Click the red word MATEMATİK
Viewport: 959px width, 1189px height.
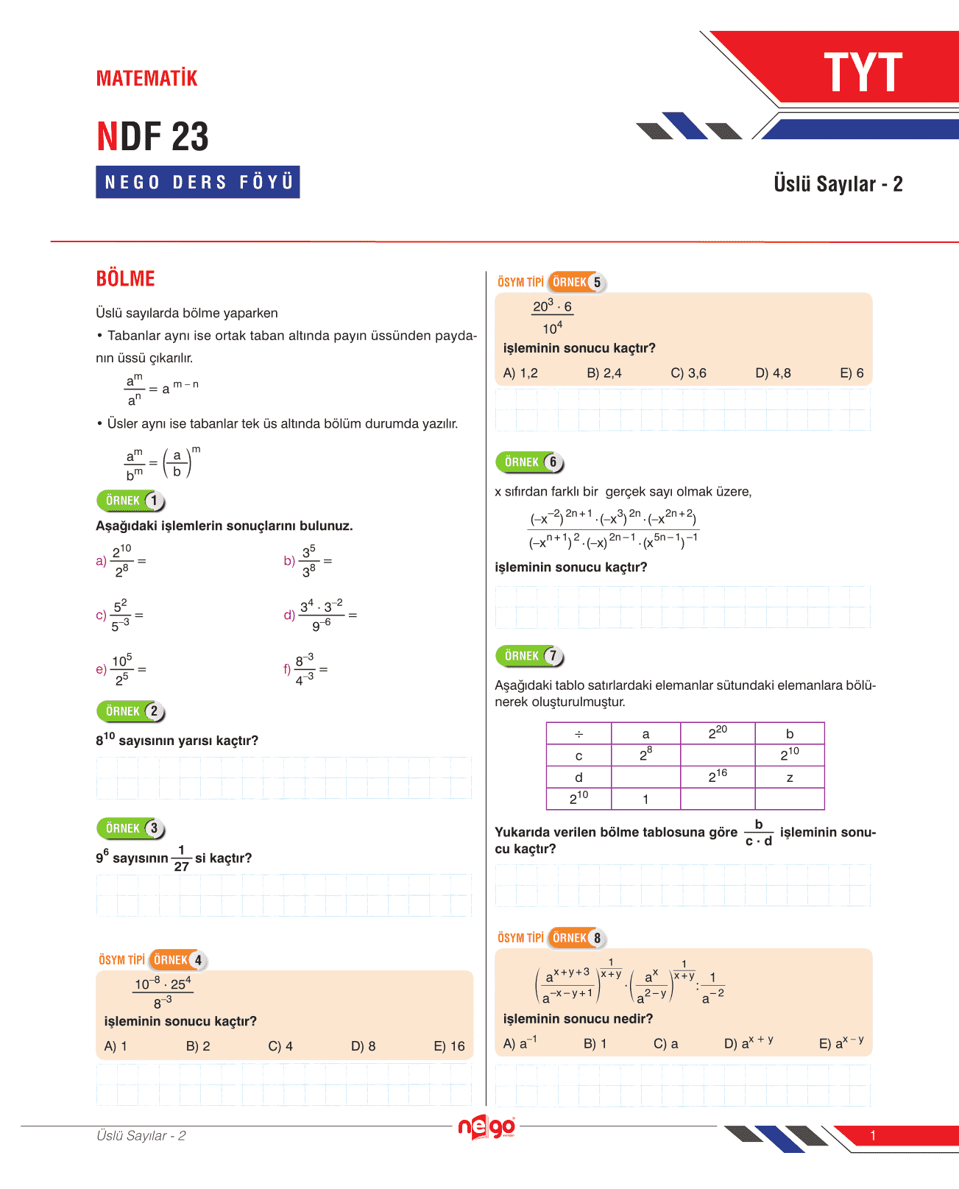147,78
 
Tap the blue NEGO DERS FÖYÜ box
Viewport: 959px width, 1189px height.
197,182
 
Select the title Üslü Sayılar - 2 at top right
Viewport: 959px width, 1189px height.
838,184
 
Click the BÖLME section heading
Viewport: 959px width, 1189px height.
125,279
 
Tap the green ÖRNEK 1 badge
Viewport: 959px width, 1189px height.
131,501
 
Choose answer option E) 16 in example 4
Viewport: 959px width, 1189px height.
449,1046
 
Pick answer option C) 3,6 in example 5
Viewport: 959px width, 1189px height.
688,373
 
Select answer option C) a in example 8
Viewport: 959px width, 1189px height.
665,1044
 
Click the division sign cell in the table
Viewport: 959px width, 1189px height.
578,734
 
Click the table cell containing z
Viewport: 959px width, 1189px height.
789,777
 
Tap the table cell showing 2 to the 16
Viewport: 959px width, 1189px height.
718,777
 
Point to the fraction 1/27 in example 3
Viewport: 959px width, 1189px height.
181,858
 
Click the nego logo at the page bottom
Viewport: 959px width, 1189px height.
486,1127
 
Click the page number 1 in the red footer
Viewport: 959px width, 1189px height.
873,1135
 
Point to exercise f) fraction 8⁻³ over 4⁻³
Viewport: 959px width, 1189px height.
305,669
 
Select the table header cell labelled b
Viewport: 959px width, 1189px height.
789,734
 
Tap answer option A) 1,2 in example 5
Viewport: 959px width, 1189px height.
520,373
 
